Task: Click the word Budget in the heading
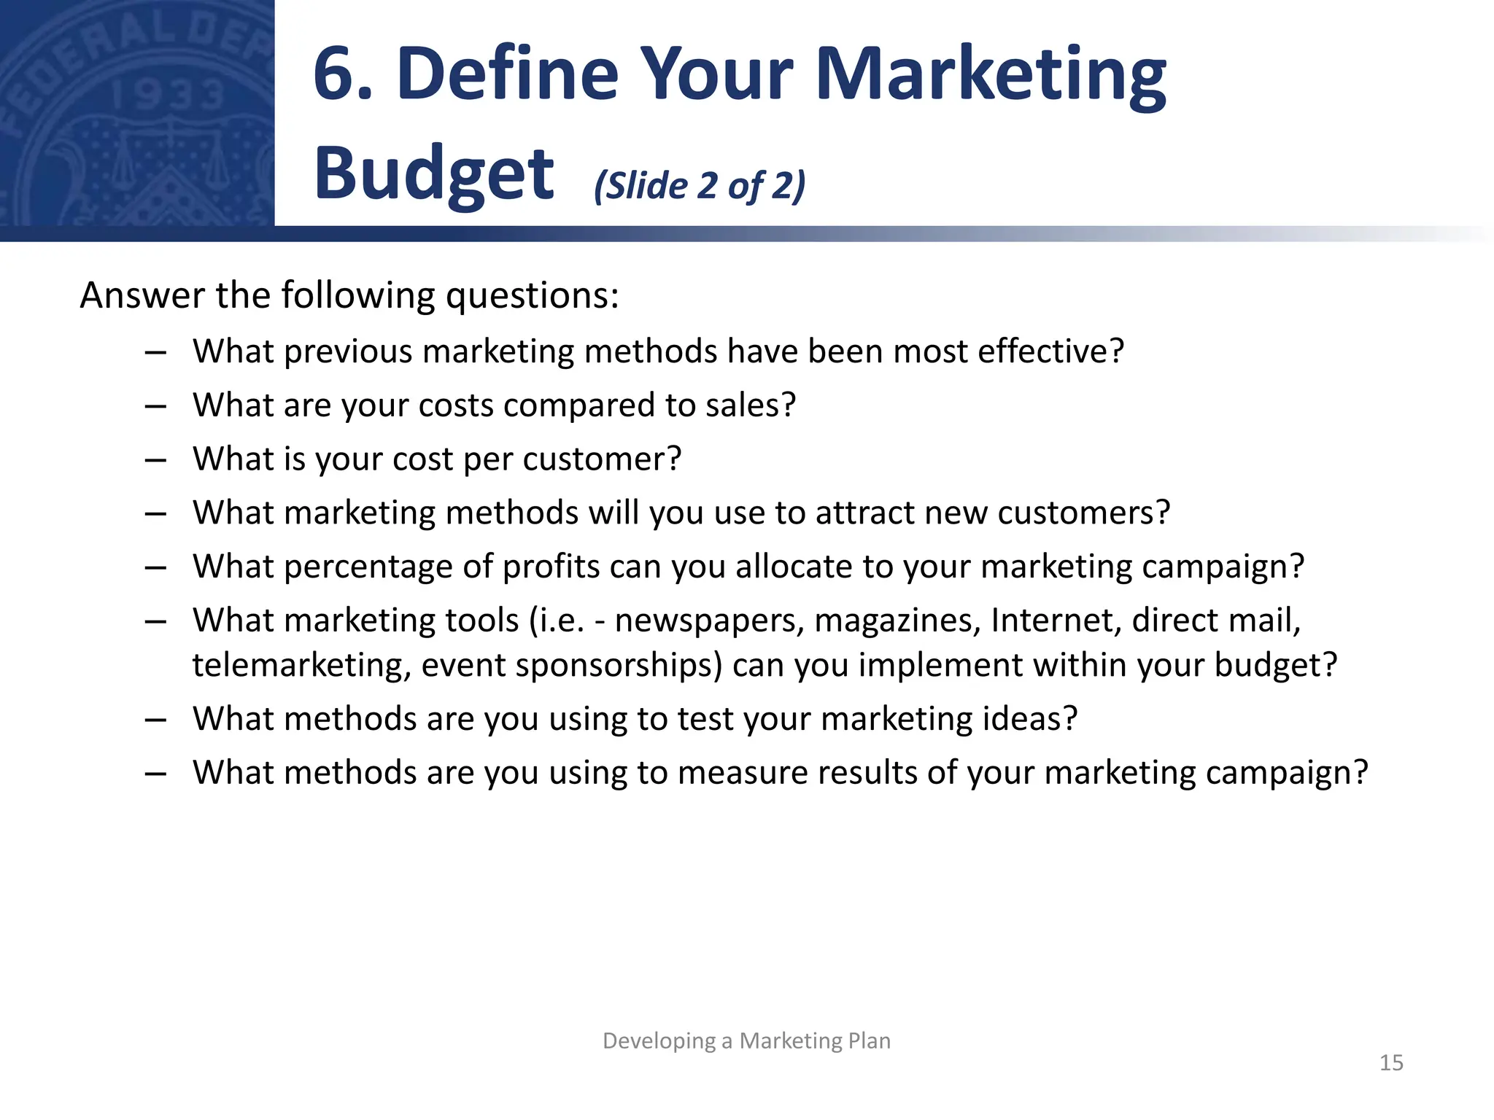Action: point(434,174)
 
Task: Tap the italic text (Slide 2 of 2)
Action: point(700,185)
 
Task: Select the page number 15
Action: point(1391,1062)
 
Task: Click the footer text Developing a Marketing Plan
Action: point(746,1041)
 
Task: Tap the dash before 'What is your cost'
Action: point(155,460)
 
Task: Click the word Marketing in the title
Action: point(991,74)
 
